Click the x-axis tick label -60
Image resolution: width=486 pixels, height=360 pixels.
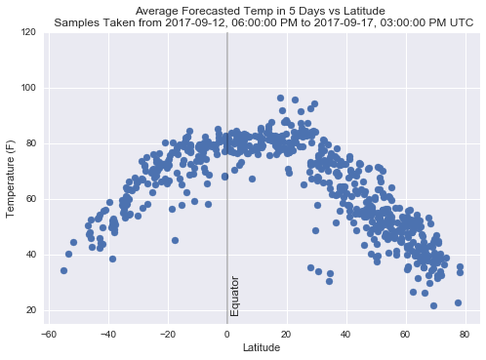(x=48, y=334)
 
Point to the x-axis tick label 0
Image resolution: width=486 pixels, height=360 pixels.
(x=227, y=334)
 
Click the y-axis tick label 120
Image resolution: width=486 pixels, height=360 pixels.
(x=27, y=32)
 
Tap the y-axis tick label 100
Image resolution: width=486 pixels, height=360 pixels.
(x=27, y=88)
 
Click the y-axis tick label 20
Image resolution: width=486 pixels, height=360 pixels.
(x=29, y=310)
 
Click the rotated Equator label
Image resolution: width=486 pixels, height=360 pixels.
(x=235, y=296)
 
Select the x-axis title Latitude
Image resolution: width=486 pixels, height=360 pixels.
(x=261, y=348)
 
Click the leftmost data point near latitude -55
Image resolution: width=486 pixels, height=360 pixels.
(x=63, y=270)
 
